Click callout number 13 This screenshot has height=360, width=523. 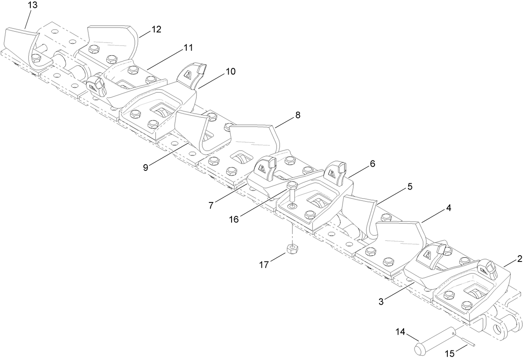click(x=32, y=5)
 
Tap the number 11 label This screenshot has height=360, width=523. click(x=188, y=48)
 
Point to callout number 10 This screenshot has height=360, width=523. click(x=230, y=72)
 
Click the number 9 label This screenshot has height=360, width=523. click(x=145, y=167)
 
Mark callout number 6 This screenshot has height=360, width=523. click(x=372, y=164)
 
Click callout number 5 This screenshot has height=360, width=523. click(x=410, y=187)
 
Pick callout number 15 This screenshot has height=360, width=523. click(x=450, y=354)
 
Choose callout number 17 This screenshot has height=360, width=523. click(x=265, y=264)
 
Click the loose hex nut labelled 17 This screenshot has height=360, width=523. click(x=292, y=249)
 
